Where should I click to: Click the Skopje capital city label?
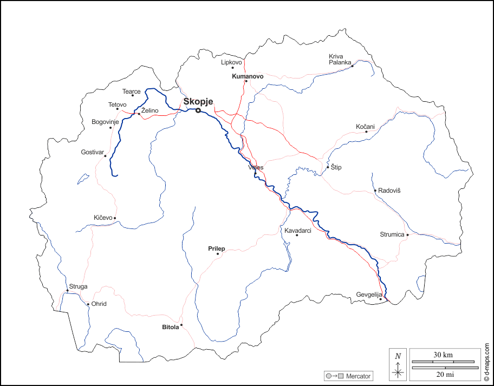[198, 101]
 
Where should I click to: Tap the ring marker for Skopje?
[198, 110]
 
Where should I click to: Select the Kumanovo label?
[248, 76]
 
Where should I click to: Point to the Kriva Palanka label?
[340, 59]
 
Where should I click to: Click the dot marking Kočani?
[366, 132]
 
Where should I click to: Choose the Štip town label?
[336, 168]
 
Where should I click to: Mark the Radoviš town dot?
[375, 191]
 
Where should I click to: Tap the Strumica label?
[392, 234]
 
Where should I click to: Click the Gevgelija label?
[369, 295]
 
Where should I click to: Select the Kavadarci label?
[298, 231]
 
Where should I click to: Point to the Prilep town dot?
[218, 253]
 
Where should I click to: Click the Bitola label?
[170, 328]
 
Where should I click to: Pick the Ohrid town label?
[99, 304]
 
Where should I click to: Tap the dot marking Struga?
[67, 291]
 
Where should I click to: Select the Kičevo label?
[103, 218]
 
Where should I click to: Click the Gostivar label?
[92, 152]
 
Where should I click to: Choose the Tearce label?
[131, 91]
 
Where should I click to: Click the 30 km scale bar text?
[443, 355]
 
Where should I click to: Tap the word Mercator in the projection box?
[358, 376]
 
